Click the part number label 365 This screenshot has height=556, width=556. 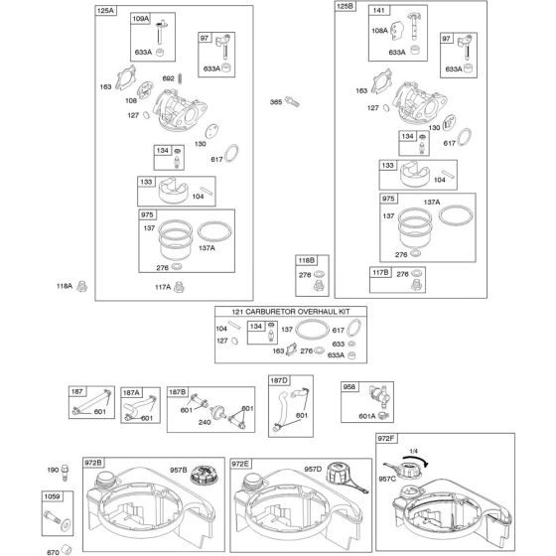pos(276,102)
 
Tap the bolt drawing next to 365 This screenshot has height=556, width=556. pos(292,101)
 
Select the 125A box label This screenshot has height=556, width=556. pos(105,11)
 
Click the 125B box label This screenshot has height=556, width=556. pos(346,6)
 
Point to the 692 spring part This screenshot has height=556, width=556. pos(180,78)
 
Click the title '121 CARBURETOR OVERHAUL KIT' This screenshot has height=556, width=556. pos(291,312)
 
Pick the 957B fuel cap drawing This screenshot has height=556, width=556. pos(205,476)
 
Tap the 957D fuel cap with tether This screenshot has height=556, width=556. pos(346,477)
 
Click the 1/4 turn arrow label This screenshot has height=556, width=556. pos(413,451)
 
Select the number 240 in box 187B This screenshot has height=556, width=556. pos(205,422)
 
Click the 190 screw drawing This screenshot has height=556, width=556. pos(65,473)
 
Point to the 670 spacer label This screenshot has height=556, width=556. pos(53,552)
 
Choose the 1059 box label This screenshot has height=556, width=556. pos(52,496)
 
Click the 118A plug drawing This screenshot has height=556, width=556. pos(81,286)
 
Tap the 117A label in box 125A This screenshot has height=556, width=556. pos(163,287)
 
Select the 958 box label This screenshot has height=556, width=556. pos(348,386)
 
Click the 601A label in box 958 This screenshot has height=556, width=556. pos(367,416)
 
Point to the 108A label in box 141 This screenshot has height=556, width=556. pos(379,31)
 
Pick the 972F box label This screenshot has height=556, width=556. pos(386,439)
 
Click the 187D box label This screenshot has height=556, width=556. pos(279,380)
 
